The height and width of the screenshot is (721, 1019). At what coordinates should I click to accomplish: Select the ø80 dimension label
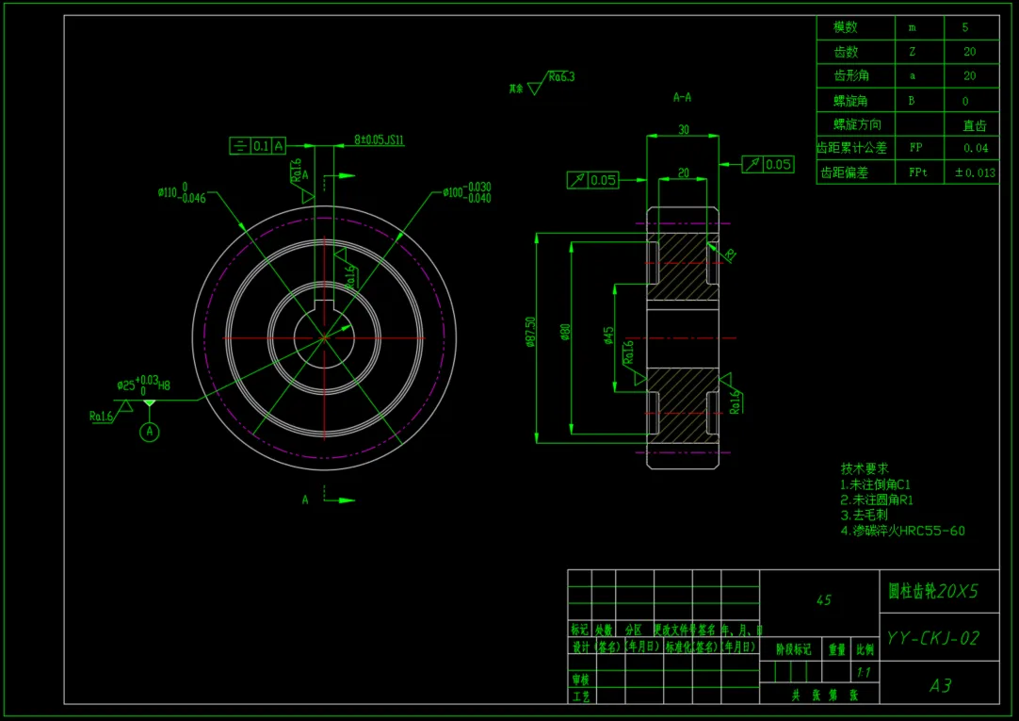[x=566, y=332]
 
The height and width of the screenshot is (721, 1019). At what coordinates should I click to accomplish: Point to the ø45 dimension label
[x=608, y=336]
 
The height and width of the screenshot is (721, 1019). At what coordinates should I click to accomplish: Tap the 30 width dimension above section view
[x=683, y=129]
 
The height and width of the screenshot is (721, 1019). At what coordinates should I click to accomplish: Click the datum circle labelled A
[x=149, y=432]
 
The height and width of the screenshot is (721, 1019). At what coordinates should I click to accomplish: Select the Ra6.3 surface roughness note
[x=560, y=76]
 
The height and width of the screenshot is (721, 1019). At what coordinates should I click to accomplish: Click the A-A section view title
[x=683, y=97]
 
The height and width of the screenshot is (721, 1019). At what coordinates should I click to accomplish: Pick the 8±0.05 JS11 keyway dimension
[x=380, y=139]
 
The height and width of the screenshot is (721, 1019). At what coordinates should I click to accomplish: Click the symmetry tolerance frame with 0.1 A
[x=258, y=145]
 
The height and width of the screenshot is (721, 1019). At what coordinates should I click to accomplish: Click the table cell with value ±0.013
[x=974, y=172]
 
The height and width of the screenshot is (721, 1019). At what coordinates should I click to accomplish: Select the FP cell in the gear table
[x=916, y=148]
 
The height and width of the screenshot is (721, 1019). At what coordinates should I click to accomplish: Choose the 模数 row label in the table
[x=846, y=28]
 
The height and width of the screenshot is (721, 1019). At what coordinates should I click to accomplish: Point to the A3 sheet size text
[x=940, y=685]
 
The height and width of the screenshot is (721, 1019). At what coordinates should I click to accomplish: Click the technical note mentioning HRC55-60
[x=902, y=531]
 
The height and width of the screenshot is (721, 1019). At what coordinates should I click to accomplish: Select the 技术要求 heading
[x=865, y=468]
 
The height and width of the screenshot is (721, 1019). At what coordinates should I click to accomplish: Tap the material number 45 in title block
[x=823, y=599]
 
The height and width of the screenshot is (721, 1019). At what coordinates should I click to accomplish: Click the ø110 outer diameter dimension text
[x=182, y=193]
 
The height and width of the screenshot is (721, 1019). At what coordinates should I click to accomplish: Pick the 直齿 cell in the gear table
[x=974, y=124]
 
